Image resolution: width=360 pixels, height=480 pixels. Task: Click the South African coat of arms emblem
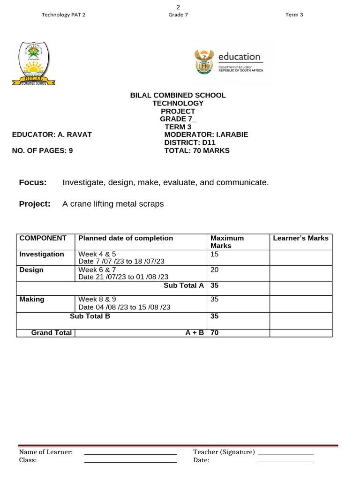[203, 62]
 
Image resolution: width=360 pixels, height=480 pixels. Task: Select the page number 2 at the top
[178, 7]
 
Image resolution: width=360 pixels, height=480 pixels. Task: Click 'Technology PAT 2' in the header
[64, 15]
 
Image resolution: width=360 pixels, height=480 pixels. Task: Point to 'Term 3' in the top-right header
[294, 15]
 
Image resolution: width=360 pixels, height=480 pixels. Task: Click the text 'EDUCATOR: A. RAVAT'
[52, 135]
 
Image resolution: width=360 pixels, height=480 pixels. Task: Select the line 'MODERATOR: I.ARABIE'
[206, 135]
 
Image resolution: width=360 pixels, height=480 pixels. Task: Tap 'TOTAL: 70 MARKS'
[197, 150]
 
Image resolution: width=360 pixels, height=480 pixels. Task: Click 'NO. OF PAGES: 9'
[42, 150]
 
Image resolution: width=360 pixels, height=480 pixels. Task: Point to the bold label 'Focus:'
[33, 182]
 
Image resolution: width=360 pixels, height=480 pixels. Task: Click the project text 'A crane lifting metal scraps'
[113, 204]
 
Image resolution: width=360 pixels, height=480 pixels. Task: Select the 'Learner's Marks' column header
[300, 238]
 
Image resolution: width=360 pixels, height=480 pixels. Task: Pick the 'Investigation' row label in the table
[42, 254]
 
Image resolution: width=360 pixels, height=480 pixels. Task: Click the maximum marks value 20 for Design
[215, 270]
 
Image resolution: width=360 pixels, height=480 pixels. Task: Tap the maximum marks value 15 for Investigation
[215, 254]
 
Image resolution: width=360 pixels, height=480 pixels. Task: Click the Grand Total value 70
[215, 333]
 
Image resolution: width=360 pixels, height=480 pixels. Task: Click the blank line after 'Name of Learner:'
[130, 453]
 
